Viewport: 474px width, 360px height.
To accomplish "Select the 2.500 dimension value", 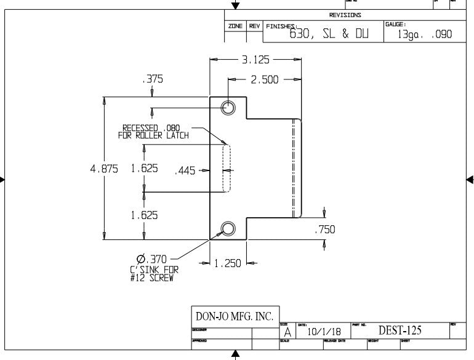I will click(x=265, y=79).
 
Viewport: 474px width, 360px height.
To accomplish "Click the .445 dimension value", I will click(x=185, y=171).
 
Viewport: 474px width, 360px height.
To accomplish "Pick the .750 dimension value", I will click(x=324, y=230).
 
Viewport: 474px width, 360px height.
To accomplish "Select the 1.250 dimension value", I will click(x=228, y=263).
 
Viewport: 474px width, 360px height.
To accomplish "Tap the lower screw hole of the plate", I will click(x=228, y=230).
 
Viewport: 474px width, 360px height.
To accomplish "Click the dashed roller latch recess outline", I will click(x=226, y=169).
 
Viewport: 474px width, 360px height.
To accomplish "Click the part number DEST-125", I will click(x=400, y=330).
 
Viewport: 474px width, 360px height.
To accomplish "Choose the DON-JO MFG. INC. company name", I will click(x=235, y=316).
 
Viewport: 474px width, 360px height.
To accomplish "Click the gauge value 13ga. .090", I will click(x=425, y=35).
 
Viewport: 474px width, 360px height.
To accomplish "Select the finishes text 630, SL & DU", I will click(x=329, y=34).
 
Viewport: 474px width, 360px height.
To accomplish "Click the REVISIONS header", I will click(x=345, y=15).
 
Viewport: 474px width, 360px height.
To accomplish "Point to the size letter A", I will click(x=287, y=332).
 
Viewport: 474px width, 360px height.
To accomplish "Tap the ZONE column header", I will click(x=235, y=26).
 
